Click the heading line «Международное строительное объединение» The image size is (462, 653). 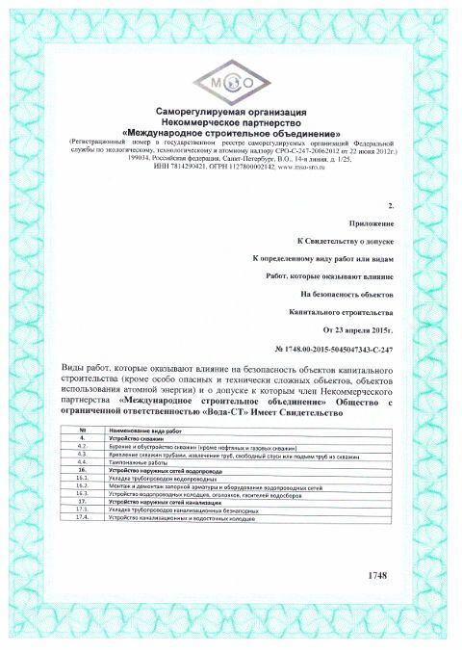[x=231, y=131]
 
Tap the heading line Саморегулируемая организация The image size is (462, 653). [x=231, y=113]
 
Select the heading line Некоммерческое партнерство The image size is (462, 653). [x=231, y=121]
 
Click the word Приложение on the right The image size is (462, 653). [x=368, y=222]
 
